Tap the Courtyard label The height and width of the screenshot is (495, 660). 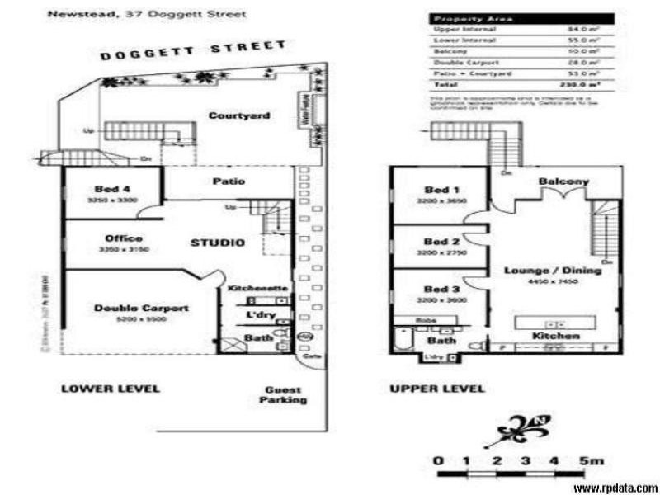point(238,116)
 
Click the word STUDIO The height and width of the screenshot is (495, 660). point(217,243)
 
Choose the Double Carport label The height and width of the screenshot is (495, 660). point(140,309)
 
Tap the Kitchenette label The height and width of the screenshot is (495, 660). point(257,288)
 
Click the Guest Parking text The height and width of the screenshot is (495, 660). point(285,395)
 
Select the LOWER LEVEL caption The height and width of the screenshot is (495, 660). point(111,389)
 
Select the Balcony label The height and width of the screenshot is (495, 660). point(563,181)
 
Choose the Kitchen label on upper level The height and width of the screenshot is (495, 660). point(555,337)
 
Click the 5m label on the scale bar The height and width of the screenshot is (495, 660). point(591,460)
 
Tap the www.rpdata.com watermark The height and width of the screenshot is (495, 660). point(616,488)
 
